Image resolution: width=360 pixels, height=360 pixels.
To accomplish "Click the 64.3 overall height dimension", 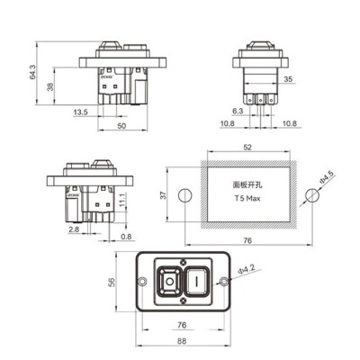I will point(33,72).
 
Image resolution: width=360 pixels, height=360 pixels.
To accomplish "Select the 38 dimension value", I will point(49,87).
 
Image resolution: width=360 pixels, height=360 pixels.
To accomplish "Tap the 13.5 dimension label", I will point(80,112).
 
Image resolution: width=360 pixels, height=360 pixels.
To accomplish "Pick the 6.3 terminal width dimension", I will point(238,110).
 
